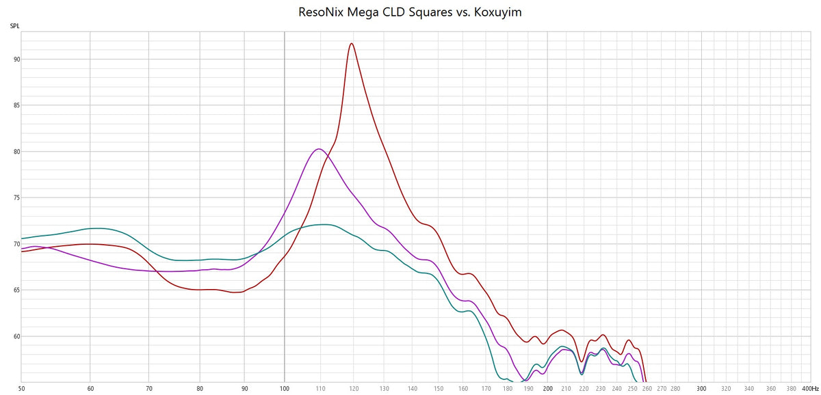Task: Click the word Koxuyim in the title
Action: (x=497, y=12)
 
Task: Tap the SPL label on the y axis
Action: (x=14, y=26)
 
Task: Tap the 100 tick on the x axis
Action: (x=285, y=388)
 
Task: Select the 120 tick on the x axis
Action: (x=353, y=388)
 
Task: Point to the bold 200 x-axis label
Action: (x=547, y=388)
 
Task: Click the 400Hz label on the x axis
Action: (x=809, y=388)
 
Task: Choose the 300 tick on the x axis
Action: (x=701, y=388)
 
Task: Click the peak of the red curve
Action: (x=352, y=44)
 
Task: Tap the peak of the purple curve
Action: (x=318, y=149)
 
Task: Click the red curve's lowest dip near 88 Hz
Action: (x=236, y=292)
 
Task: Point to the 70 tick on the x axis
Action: (x=149, y=388)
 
